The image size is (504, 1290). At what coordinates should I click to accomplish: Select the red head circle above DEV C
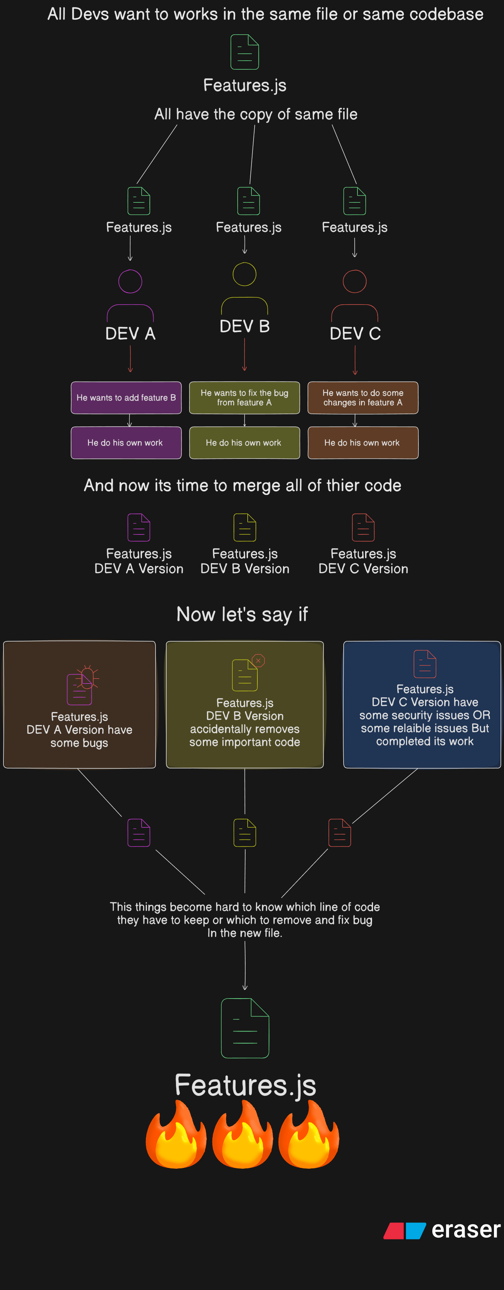[343, 281]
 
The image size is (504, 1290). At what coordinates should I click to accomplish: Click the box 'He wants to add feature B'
[126, 398]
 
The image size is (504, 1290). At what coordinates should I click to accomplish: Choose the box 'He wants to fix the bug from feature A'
[244, 398]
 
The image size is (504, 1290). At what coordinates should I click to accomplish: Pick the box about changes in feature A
[363, 398]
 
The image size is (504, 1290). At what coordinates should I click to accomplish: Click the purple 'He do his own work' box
[126, 443]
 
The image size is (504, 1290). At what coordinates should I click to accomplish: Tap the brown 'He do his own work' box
[363, 443]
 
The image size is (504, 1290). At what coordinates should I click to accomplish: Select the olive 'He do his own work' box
[244, 443]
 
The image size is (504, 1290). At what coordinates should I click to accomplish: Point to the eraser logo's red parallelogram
[394, 1230]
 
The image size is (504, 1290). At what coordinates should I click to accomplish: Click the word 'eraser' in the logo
[466, 1229]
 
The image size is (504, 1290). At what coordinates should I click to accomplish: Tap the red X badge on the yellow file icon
[258, 661]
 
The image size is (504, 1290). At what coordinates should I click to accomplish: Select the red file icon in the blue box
[425, 664]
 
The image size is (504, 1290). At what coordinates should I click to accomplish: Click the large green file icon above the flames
[245, 1028]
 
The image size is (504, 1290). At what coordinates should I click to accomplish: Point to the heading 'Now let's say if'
[242, 615]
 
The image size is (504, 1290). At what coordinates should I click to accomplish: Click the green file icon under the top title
[245, 52]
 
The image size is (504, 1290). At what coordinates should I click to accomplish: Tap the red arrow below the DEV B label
[244, 354]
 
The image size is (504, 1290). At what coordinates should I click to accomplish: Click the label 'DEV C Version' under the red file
[363, 569]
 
